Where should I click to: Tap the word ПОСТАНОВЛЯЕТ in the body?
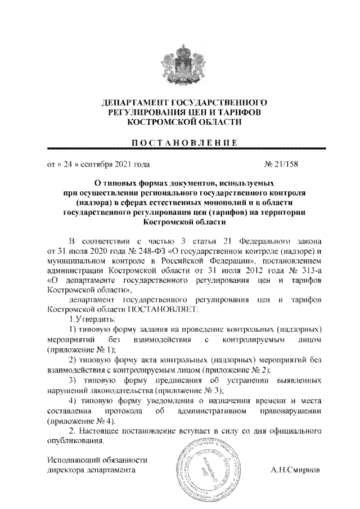click(x=168, y=309)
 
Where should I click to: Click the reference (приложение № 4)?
click(x=82, y=421)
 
